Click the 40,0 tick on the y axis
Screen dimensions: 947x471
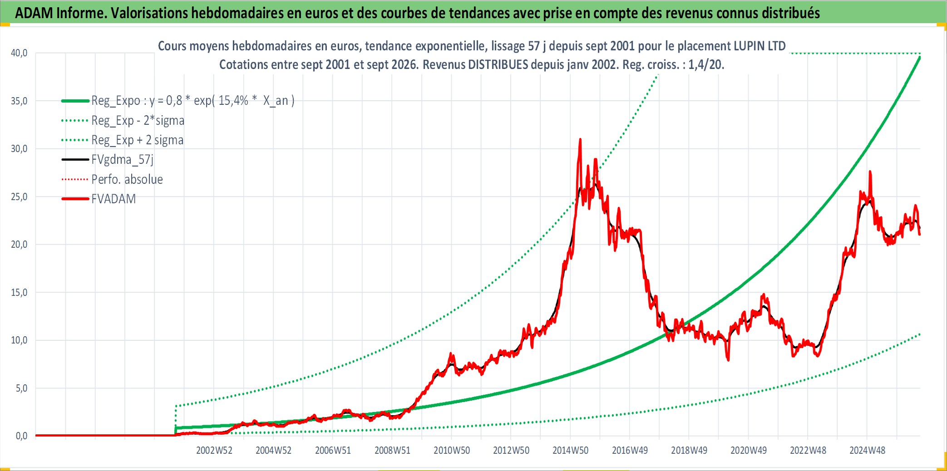[19, 53]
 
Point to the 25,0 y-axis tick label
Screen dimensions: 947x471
[19, 197]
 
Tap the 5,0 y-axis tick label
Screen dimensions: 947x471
[21, 388]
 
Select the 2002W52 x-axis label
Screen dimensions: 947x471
[214, 451]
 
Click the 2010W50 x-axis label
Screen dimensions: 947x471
[452, 451]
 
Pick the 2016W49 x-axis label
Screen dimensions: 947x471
[630, 451]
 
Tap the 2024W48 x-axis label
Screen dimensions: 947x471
[868, 451]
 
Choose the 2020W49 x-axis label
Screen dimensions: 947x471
[749, 451]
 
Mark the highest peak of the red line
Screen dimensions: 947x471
[580, 139]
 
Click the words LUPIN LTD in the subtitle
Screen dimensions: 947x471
[760, 46]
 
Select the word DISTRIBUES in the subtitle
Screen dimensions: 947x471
[498, 65]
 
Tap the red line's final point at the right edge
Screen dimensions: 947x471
[920, 234]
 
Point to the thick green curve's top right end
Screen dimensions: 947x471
[920, 57]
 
